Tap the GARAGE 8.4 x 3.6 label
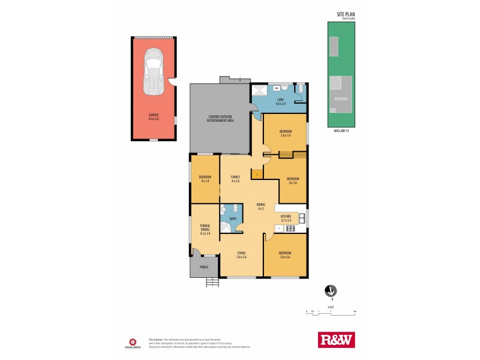[154, 118]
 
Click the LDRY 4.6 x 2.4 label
[280, 102]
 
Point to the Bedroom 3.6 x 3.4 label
[286, 133]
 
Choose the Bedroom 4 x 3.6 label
[293, 181]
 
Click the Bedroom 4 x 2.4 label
[205, 179]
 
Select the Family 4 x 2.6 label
[235, 179]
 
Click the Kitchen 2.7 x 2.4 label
[286, 218]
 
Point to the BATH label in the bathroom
[233, 219]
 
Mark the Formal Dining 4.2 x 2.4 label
[205, 230]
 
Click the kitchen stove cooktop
[302, 218]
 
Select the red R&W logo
[335, 340]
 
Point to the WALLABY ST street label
[341, 130]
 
